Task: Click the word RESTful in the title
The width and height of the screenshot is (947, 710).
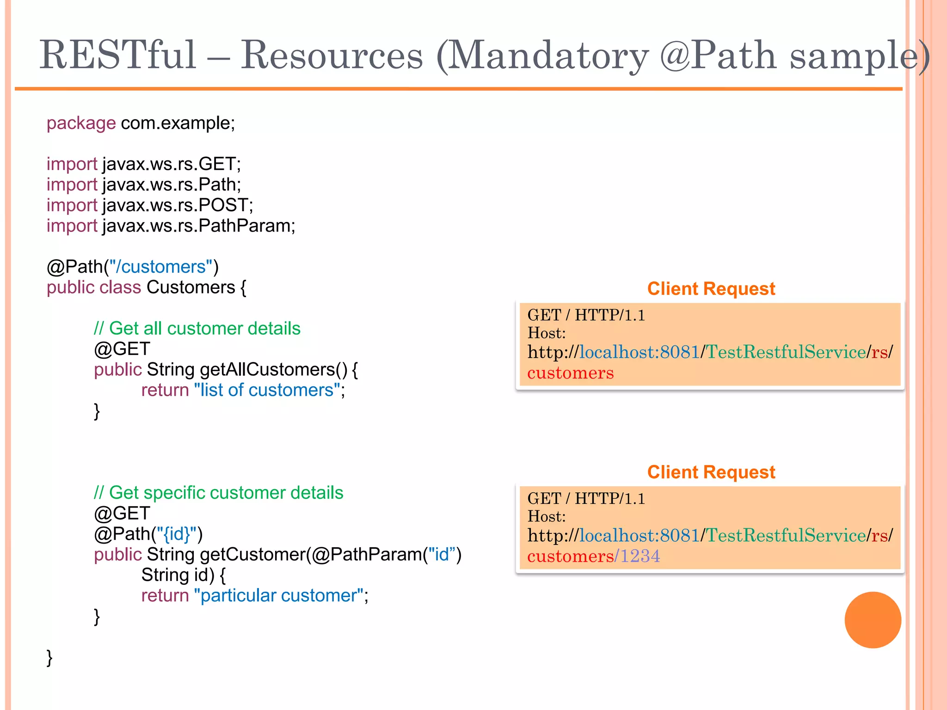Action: click(x=118, y=55)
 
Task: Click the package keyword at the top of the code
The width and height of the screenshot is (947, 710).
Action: click(x=81, y=123)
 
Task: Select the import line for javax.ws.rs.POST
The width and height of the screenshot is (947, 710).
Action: click(x=150, y=205)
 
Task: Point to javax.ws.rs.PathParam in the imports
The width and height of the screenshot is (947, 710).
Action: click(x=198, y=226)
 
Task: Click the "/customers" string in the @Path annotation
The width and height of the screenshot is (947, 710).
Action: click(x=163, y=267)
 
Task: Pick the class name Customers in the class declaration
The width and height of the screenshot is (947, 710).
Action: click(x=191, y=288)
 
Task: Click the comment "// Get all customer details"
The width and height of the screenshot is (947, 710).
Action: click(x=197, y=329)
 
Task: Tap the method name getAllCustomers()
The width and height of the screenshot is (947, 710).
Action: click(x=273, y=370)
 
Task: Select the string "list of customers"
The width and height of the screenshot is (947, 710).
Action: click(x=267, y=391)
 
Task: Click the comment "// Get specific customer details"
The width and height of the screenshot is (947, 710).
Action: click(x=218, y=493)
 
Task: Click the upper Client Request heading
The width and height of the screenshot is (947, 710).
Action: click(x=711, y=289)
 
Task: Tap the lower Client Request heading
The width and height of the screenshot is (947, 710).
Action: click(x=711, y=472)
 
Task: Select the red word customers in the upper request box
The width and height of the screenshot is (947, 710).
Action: click(x=570, y=373)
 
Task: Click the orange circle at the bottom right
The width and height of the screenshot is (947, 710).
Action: click(x=873, y=620)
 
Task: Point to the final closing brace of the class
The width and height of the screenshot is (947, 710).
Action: click(x=49, y=657)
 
